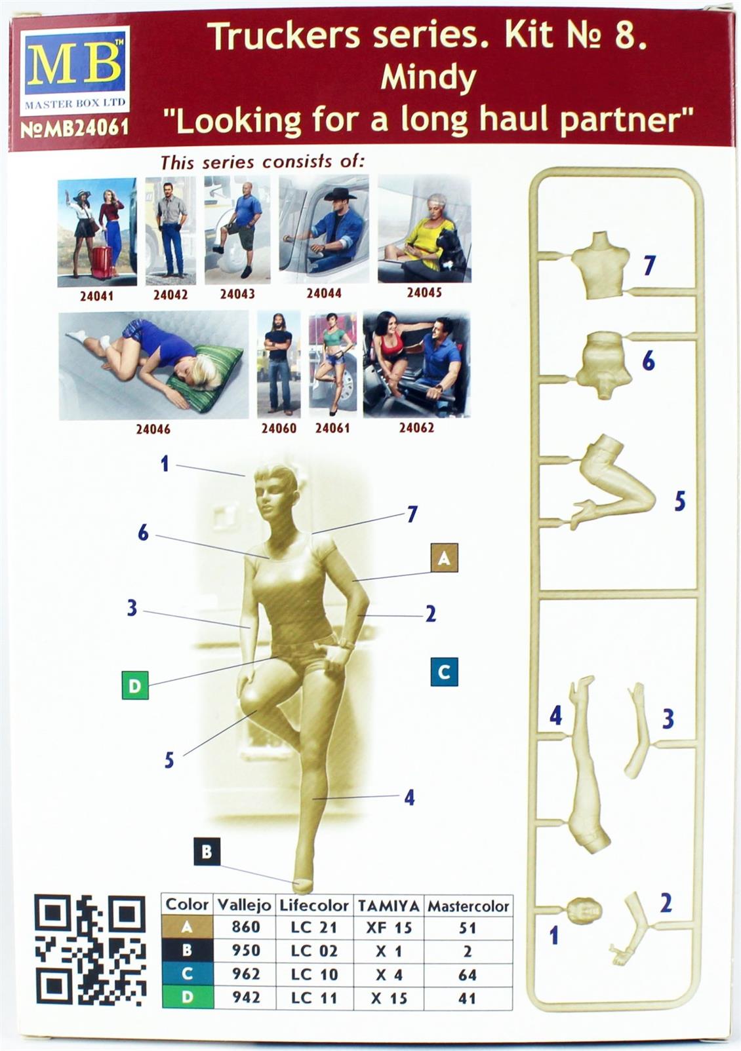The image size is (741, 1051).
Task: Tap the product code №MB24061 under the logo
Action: click(x=75, y=128)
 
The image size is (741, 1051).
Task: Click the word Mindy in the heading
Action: click(x=428, y=79)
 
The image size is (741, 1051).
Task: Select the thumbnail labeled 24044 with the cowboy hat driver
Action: click(x=324, y=230)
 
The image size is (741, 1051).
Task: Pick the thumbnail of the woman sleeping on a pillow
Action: click(x=153, y=365)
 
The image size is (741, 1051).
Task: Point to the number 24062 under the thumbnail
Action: click(x=416, y=427)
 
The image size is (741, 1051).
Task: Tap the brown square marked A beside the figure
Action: click(x=444, y=558)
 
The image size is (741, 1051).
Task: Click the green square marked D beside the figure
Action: click(x=135, y=685)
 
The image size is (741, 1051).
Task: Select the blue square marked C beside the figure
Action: click(x=444, y=672)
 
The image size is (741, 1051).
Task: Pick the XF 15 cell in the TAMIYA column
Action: click(x=388, y=927)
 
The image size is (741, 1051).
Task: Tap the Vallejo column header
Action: click(x=244, y=905)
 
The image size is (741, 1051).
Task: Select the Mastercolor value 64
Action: click(x=468, y=974)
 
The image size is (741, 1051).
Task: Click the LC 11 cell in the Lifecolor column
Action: click(x=314, y=998)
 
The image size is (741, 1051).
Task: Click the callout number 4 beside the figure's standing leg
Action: click(x=409, y=797)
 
